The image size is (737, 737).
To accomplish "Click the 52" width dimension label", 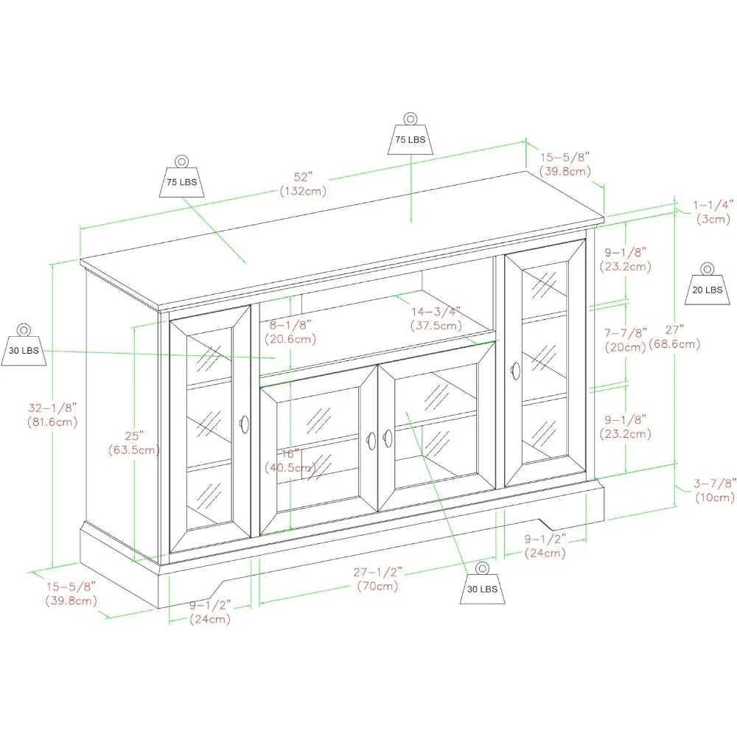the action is tap(303, 177).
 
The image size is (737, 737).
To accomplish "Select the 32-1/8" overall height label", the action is tap(52, 407).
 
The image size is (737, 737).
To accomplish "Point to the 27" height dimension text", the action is tap(673, 329).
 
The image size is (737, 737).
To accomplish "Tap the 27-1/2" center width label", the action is tap(377, 572).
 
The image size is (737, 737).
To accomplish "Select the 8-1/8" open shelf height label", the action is tap(290, 324).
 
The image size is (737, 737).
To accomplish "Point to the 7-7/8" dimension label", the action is tap(626, 332).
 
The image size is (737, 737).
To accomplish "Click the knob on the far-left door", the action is tap(244, 424).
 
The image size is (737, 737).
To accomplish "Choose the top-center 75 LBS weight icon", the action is tap(411, 136).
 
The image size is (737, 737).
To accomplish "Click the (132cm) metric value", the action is tap(303, 191).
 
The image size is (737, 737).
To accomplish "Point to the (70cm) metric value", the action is tap(377, 587).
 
